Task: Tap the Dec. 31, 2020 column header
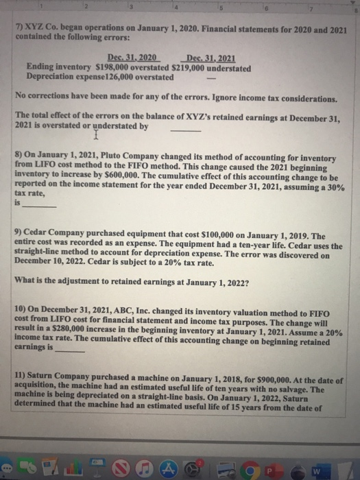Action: (132, 60)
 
